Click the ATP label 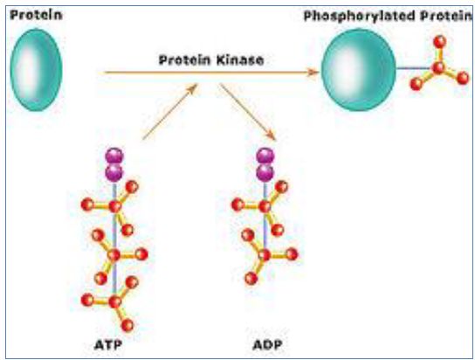tap(108, 345)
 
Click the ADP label tap(267, 345)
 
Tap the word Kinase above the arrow tap(241, 60)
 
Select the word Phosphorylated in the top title tap(359, 17)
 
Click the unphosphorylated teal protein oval tap(37, 70)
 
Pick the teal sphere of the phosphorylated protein tap(359, 70)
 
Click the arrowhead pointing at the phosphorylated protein tap(313, 73)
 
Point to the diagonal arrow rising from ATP tap(170, 112)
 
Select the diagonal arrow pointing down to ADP tap(248, 112)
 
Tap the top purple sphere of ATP tap(114, 156)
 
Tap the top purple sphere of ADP tap(265, 156)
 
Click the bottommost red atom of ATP tap(127, 325)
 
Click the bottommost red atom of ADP tap(251, 278)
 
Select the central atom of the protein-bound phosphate tap(438, 67)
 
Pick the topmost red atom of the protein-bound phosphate tap(439, 42)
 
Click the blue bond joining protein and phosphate tap(414, 68)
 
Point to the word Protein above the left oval tap(36, 15)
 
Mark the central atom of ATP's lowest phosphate tap(114, 301)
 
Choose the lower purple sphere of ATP tap(114, 173)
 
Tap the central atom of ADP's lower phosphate tap(265, 255)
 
